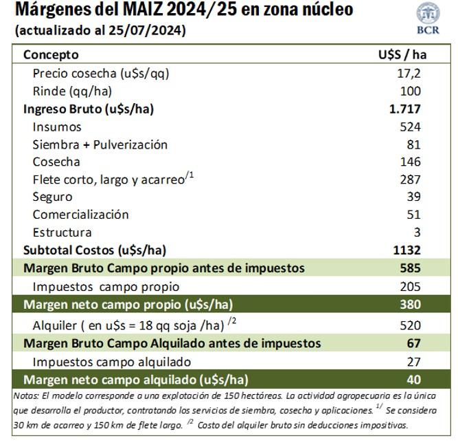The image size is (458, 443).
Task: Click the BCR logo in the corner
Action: pos(428,18)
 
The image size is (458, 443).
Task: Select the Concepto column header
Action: pos(51,54)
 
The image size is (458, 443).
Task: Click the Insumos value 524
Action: pos(410,127)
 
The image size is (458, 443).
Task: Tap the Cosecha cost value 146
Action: pos(410,162)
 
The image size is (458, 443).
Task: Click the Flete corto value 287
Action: pos(410,180)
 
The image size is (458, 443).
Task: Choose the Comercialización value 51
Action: pos(413,215)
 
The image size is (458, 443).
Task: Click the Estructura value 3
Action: pos(417,233)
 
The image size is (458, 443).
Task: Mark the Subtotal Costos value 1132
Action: pos(407,250)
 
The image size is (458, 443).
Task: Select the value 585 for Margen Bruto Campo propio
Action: pos(410,268)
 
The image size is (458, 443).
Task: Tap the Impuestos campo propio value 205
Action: pos(410,286)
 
